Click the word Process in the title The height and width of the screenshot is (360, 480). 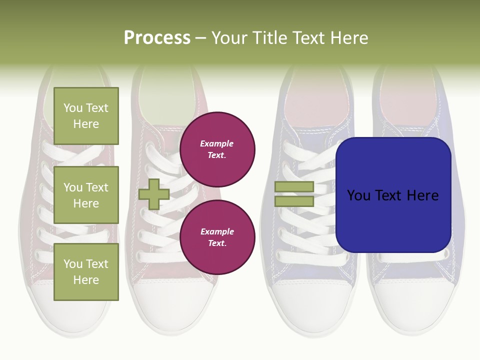pyautogui.click(x=157, y=38)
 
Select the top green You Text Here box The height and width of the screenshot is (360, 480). pyautogui.click(x=86, y=116)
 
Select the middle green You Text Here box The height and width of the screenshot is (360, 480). pyautogui.click(x=86, y=195)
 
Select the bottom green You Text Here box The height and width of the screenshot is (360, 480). pyautogui.click(x=86, y=272)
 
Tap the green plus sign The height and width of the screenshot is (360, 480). pyautogui.click(x=154, y=194)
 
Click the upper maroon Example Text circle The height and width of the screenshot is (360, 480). pyautogui.click(x=217, y=149)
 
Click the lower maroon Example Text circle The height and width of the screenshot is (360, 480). pyautogui.click(x=217, y=237)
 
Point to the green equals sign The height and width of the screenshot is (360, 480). pyautogui.click(x=294, y=194)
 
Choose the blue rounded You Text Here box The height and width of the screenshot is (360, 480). pyautogui.click(x=393, y=195)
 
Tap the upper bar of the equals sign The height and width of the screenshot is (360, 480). pyautogui.click(x=294, y=186)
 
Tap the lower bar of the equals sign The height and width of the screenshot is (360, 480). pyautogui.click(x=294, y=201)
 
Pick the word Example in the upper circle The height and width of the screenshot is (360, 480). pyautogui.click(x=217, y=143)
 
